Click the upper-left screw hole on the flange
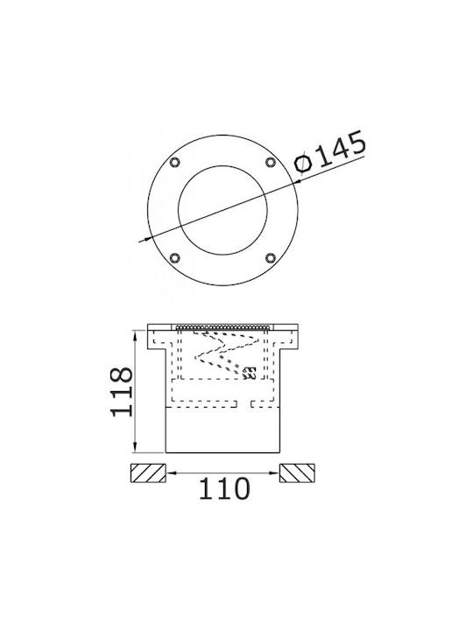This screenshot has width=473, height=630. (174, 162)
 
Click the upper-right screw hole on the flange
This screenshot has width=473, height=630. (271, 162)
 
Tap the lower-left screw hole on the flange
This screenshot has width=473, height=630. (174, 258)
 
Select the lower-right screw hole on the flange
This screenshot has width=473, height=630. (271, 258)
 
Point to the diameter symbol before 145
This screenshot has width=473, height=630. (304, 163)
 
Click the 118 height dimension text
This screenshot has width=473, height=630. (122, 391)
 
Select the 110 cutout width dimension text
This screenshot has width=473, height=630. (224, 488)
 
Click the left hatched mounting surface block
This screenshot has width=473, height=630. (148, 472)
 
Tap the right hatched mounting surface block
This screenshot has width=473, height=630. (297, 472)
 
